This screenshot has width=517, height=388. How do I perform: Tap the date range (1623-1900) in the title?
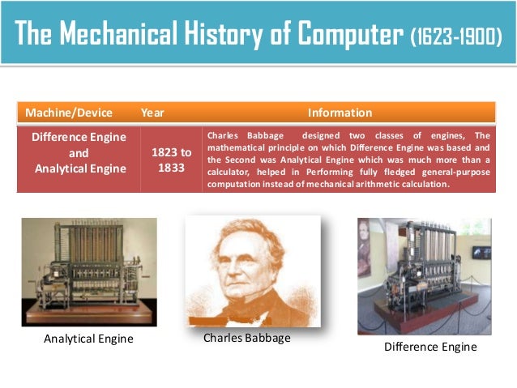click(455, 36)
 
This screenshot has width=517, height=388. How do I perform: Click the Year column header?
click(152, 113)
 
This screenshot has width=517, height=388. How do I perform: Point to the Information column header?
click(340, 113)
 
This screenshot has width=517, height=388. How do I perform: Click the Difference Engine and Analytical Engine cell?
click(79, 153)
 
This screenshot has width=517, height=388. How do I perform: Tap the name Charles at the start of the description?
click(224, 135)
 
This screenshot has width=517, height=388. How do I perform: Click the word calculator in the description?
click(233, 173)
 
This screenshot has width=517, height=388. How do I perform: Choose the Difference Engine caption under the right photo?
click(429, 347)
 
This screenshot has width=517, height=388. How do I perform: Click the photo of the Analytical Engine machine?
click(89, 271)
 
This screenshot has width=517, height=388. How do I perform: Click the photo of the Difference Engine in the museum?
click(424, 275)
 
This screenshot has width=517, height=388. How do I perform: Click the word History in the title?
click(235, 36)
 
